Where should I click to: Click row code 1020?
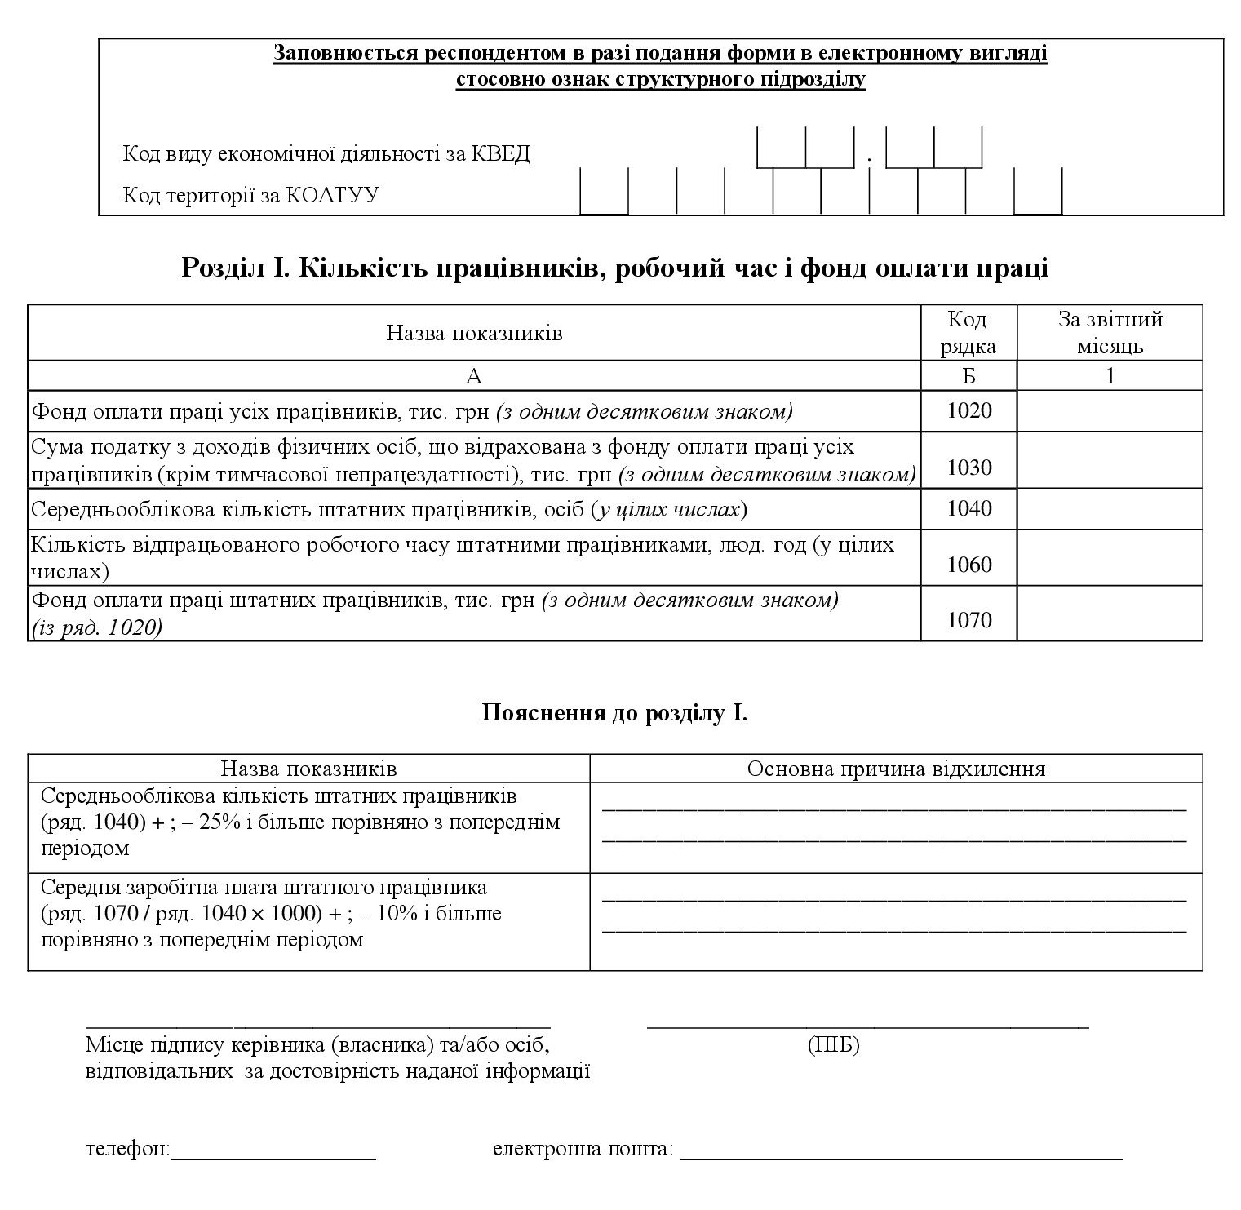(x=969, y=410)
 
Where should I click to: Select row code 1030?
(x=969, y=468)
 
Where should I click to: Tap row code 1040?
(x=969, y=509)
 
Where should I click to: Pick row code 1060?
(x=969, y=565)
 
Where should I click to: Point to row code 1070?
(x=969, y=620)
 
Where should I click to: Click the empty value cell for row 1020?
(x=1110, y=410)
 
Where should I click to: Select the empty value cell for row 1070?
(x=1110, y=614)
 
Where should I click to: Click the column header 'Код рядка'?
(x=968, y=333)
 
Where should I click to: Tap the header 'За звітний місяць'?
(x=1110, y=333)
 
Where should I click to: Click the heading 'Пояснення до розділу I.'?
(x=614, y=713)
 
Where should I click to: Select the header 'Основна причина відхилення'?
(x=896, y=769)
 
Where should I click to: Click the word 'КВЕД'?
(x=501, y=154)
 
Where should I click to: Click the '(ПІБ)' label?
(x=833, y=1044)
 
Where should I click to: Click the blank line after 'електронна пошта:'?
(x=901, y=1157)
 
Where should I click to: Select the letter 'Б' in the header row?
(x=968, y=376)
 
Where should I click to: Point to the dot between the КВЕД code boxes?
(x=870, y=159)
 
